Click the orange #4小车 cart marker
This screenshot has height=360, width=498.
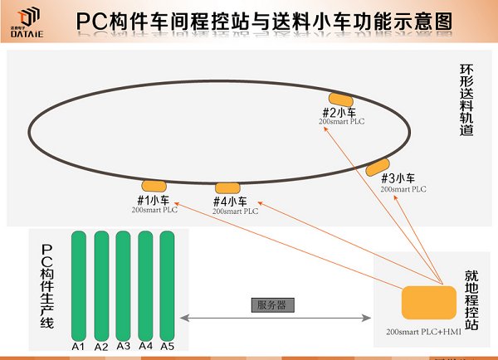point(227,188)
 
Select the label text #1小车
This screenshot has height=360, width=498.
point(153,200)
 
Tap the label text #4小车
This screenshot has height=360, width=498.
point(230,202)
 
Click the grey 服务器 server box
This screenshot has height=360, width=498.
point(271,304)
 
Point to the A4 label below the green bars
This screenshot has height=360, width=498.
point(145,346)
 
